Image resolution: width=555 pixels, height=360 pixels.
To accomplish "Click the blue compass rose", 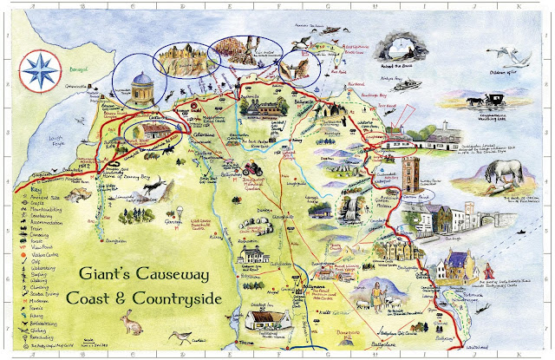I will [38, 67].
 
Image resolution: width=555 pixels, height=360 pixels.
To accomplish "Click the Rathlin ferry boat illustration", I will [406, 85].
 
